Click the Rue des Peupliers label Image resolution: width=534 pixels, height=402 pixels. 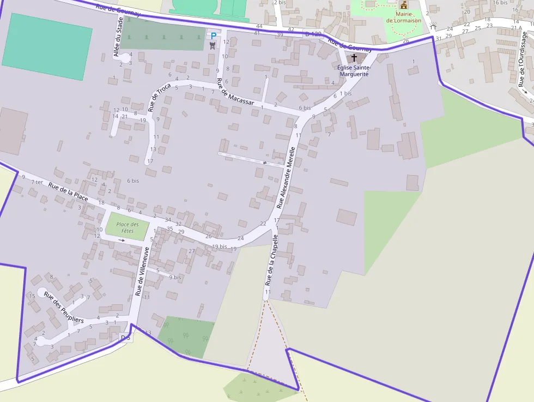tap(64, 308)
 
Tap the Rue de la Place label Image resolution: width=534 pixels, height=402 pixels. tap(69, 193)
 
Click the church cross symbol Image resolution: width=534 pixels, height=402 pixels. tap(354, 57)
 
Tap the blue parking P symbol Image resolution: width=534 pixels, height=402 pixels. tap(214, 36)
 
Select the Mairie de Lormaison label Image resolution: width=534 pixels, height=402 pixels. tap(404, 17)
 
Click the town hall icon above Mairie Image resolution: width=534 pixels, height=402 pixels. tap(403, 5)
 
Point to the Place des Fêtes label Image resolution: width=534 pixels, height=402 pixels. tap(127, 227)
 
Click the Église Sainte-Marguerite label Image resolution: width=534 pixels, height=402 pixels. tap(353, 70)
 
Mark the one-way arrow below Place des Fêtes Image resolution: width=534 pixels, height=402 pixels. tap(122, 240)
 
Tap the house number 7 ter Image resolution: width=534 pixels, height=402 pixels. tap(37, 182)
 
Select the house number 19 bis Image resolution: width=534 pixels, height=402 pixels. tap(219, 247)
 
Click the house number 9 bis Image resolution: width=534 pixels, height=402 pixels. tap(174, 277)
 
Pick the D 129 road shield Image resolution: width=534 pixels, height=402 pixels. tap(312, 34)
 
